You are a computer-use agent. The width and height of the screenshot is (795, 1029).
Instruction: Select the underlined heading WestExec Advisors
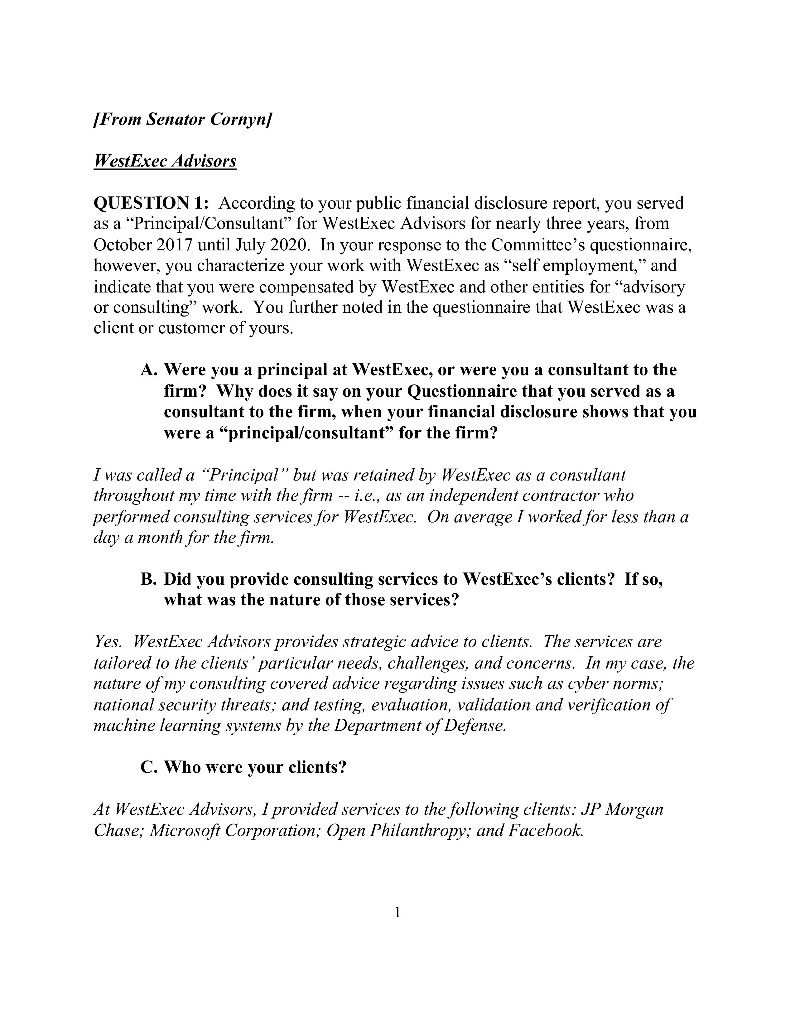[165, 161]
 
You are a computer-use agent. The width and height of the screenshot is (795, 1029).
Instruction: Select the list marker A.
[148, 370]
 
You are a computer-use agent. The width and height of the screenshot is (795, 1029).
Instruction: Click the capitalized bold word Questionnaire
[462, 391]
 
